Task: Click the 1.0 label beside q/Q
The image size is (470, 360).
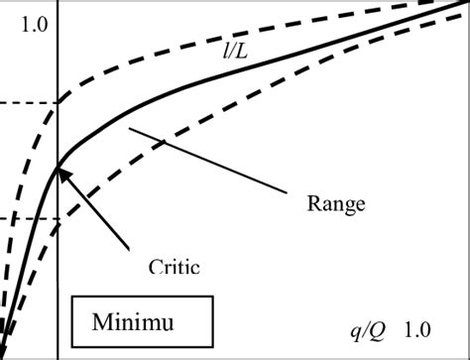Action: click(x=416, y=328)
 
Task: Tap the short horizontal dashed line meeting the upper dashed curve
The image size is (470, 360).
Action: click(x=28, y=103)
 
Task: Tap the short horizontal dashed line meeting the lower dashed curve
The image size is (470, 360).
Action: click(x=28, y=218)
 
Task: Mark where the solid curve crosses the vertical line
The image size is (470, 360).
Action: click(x=58, y=167)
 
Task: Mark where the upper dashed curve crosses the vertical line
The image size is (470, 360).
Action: click(x=58, y=101)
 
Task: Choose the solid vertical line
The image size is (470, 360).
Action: click(x=58, y=288)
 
